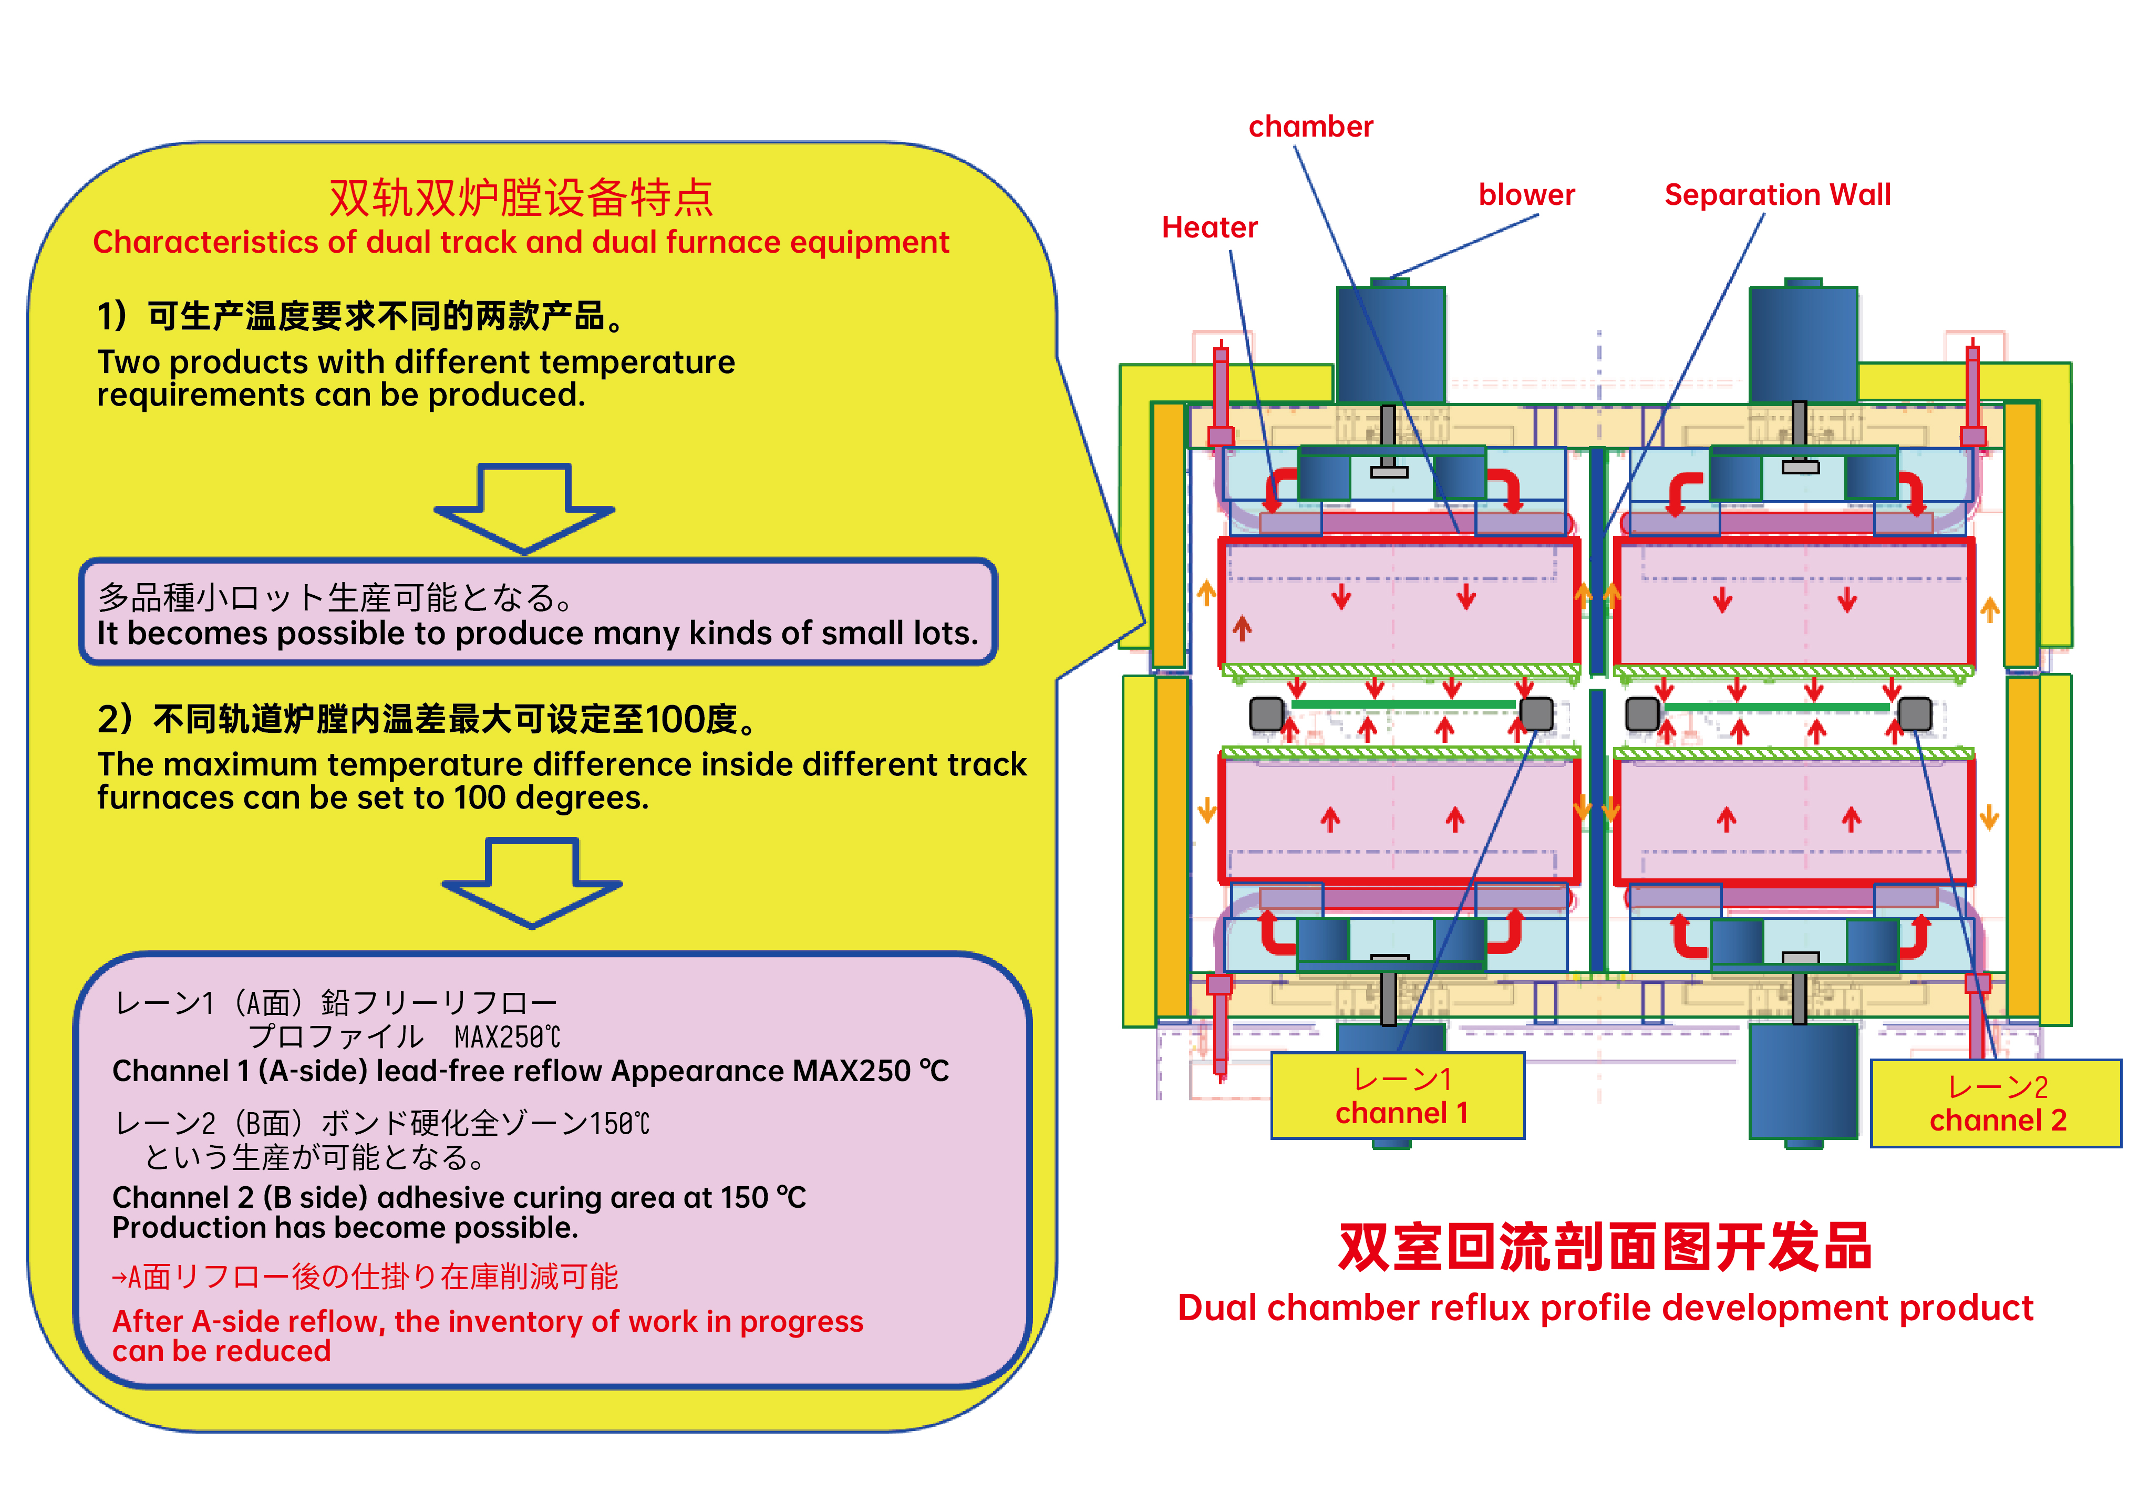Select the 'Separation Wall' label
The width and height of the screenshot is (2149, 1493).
[x=1776, y=194]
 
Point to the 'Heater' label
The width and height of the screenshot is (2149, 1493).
[x=1209, y=227]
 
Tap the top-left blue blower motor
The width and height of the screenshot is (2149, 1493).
[x=1390, y=344]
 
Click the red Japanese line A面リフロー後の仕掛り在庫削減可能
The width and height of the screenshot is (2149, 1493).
[x=365, y=1277]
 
